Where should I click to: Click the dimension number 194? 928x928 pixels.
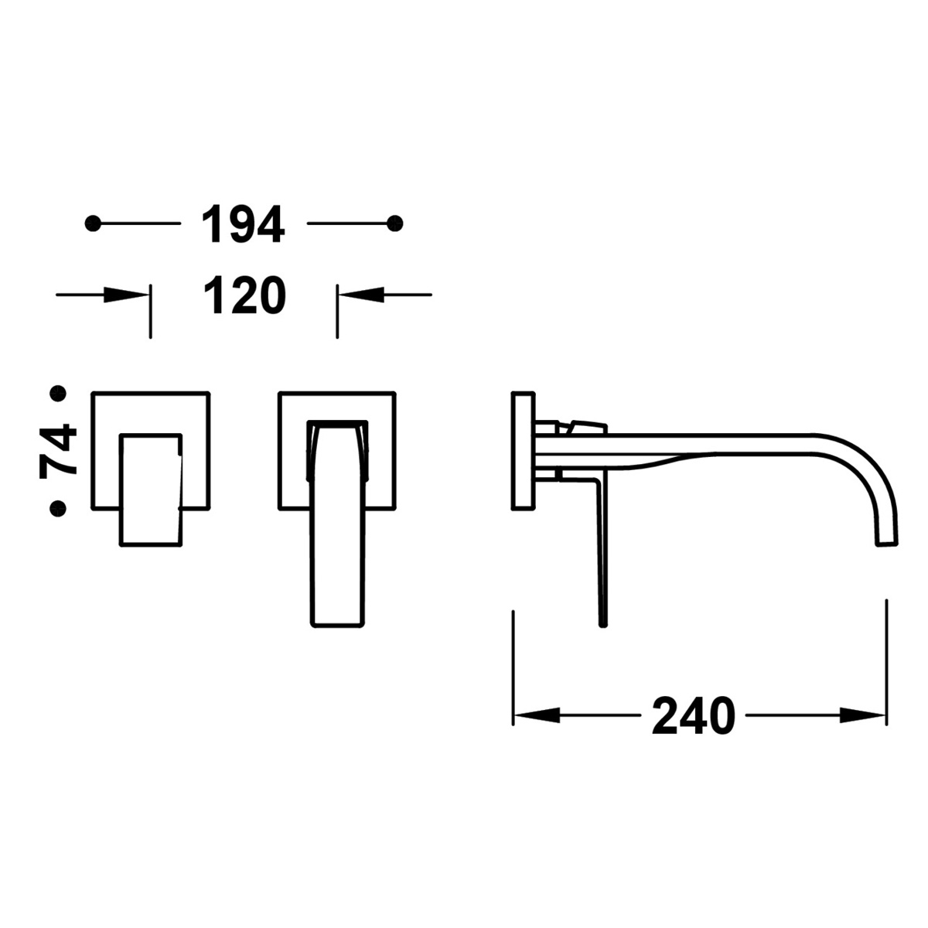click(243, 224)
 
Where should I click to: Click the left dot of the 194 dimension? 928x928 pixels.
click(94, 223)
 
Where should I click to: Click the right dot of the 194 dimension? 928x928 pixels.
click(395, 223)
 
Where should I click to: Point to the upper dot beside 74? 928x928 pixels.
click(56, 394)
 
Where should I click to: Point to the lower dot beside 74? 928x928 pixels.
click(56, 507)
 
